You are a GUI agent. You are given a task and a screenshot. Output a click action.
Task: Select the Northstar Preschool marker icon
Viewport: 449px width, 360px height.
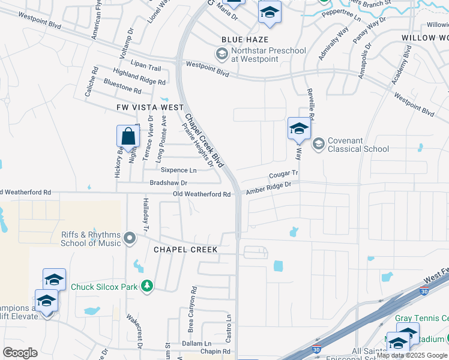(x=221, y=55)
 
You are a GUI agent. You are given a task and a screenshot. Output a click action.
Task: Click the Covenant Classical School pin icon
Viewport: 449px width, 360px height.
(x=318, y=143)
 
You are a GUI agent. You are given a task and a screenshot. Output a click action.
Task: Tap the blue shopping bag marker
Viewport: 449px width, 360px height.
(x=128, y=136)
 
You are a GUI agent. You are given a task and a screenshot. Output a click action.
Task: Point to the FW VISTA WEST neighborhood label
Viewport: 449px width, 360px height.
(x=150, y=107)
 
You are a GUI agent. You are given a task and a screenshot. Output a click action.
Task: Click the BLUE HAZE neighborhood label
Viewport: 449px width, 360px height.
(x=240, y=38)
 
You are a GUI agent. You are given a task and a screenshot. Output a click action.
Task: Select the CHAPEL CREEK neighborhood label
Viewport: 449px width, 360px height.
(x=185, y=249)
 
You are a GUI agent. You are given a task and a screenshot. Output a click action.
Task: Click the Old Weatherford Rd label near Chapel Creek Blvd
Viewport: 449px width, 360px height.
(x=202, y=194)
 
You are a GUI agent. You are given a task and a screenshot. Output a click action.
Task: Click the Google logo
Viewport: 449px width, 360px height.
(x=20, y=353)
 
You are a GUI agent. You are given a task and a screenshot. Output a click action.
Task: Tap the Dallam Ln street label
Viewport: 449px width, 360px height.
(x=194, y=343)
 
